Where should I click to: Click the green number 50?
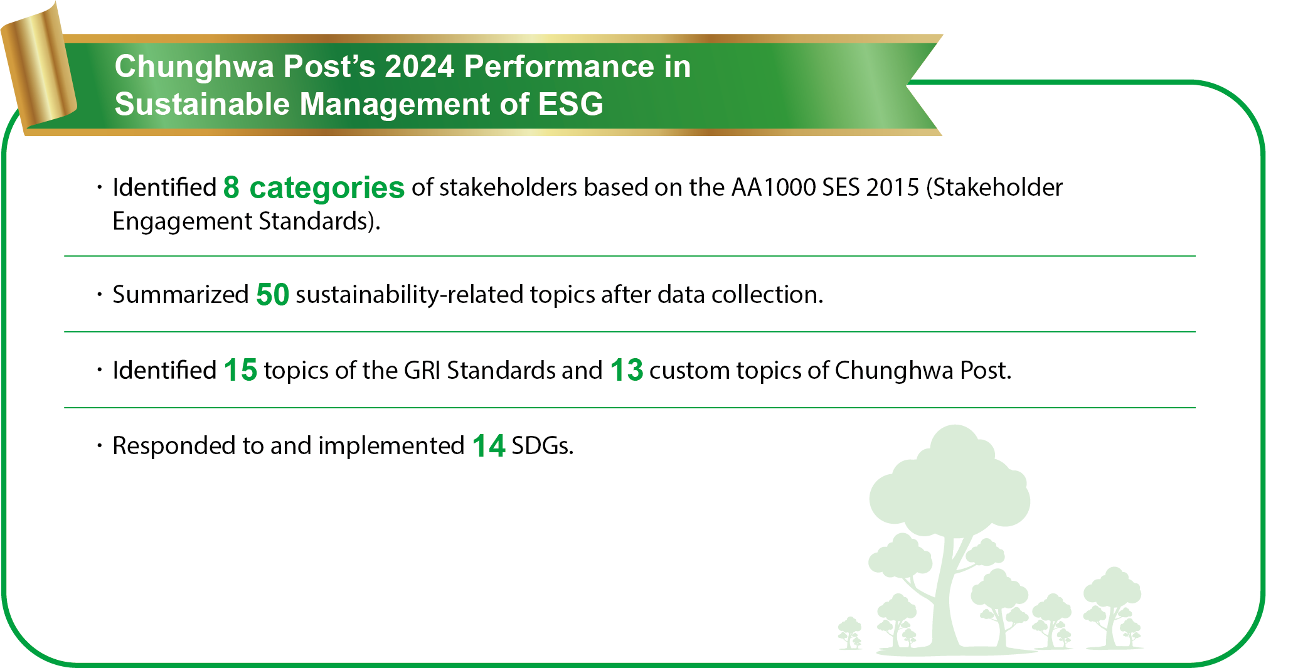(272, 294)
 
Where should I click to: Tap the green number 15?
(240, 370)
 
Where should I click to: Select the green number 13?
(626, 370)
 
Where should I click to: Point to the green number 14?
(489, 446)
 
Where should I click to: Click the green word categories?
(327, 188)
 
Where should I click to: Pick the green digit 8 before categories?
(231, 187)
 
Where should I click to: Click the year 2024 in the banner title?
(419, 66)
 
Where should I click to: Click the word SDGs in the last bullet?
(543, 446)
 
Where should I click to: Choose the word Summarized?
(181, 294)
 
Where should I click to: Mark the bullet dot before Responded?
(99, 446)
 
